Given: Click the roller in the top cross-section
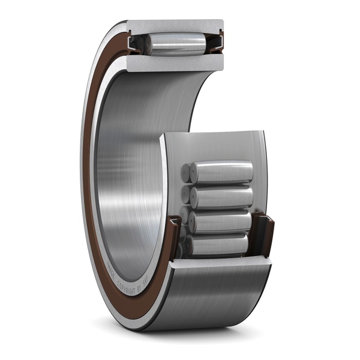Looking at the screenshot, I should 178,44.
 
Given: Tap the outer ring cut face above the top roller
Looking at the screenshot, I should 175,27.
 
